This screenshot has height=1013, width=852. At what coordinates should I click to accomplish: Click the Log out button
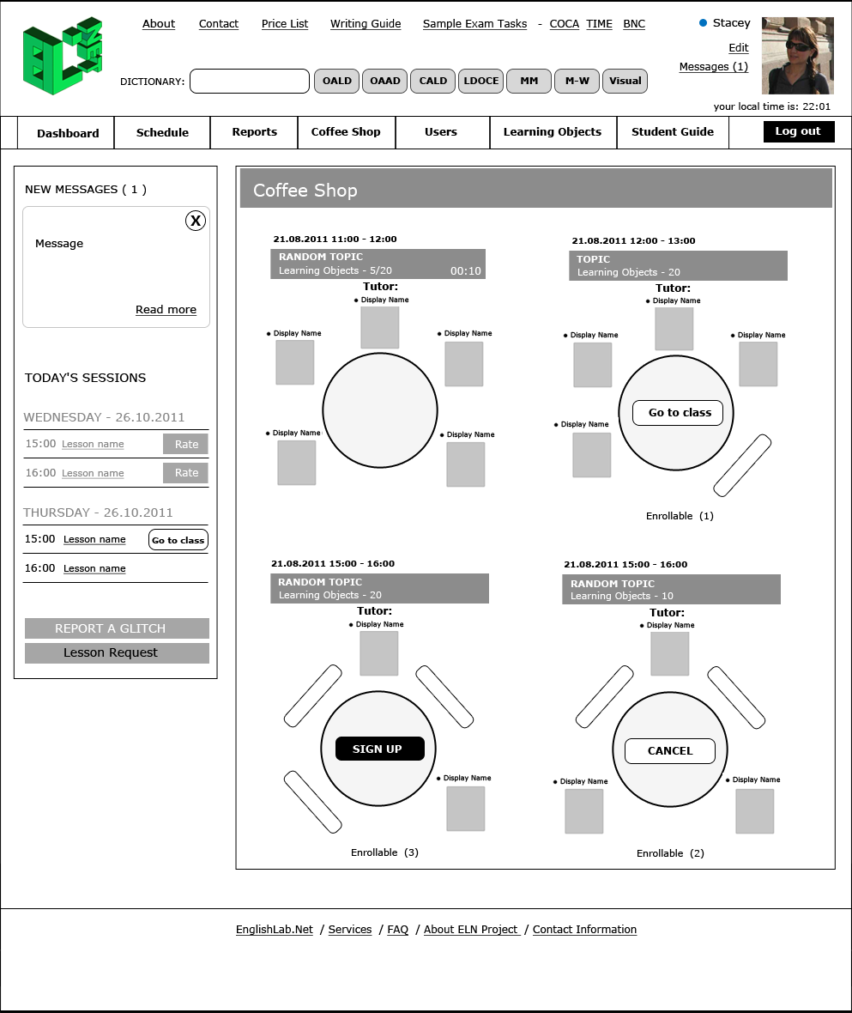[798, 131]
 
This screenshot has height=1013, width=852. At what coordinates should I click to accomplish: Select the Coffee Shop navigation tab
[346, 132]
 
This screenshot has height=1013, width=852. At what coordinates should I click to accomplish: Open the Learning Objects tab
[553, 132]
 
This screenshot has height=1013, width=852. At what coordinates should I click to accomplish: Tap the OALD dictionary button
[337, 81]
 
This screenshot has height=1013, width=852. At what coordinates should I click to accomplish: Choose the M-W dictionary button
[577, 81]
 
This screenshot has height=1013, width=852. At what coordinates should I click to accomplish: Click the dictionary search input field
[249, 81]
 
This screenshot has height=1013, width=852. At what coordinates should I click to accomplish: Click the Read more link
[166, 310]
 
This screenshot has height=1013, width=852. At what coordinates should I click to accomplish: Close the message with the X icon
[196, 221]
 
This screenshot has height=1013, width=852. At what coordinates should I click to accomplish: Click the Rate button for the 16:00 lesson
[186, 473]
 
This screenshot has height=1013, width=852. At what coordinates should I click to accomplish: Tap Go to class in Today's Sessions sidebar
[178, 540]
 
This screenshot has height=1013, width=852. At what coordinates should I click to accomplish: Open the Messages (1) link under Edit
[713, 67]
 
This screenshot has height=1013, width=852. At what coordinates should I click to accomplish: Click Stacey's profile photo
[797, 56]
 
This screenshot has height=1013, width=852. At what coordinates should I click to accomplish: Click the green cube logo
[63, 56]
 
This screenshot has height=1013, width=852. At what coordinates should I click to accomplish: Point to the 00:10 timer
[466, 271]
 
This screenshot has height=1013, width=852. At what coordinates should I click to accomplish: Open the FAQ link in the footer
[397, 930]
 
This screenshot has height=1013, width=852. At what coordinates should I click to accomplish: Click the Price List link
[285, 24]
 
